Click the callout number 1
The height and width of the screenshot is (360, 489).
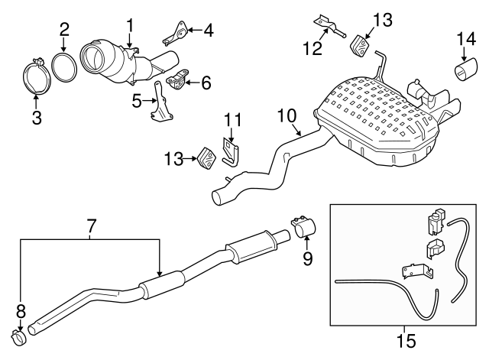tap(130, 24)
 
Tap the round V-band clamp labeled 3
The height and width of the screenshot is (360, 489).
tap(35, 76)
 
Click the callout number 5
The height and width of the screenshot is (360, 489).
tap(135, 99)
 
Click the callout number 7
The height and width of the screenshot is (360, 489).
tap(91, 226)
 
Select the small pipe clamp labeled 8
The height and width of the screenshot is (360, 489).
tap(18, 334)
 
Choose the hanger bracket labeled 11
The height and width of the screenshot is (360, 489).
tap(230, 150)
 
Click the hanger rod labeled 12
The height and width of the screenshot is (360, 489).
tap(330, 28)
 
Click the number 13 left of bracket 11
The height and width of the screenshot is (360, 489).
tap(173, 158)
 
